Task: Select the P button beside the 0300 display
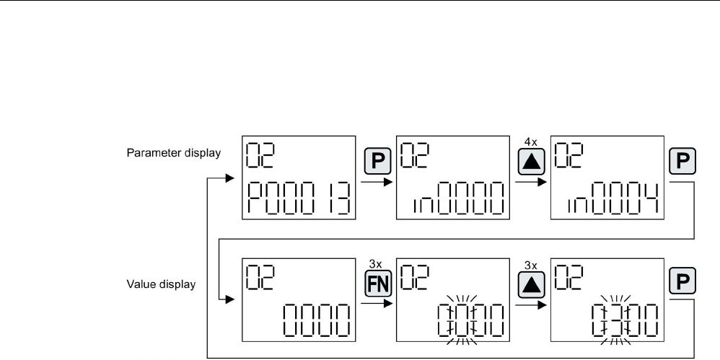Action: click(x=684, y=279)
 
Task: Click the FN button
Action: click(x=376, y=280)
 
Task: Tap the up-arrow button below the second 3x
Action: click(x=530, y=280)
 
